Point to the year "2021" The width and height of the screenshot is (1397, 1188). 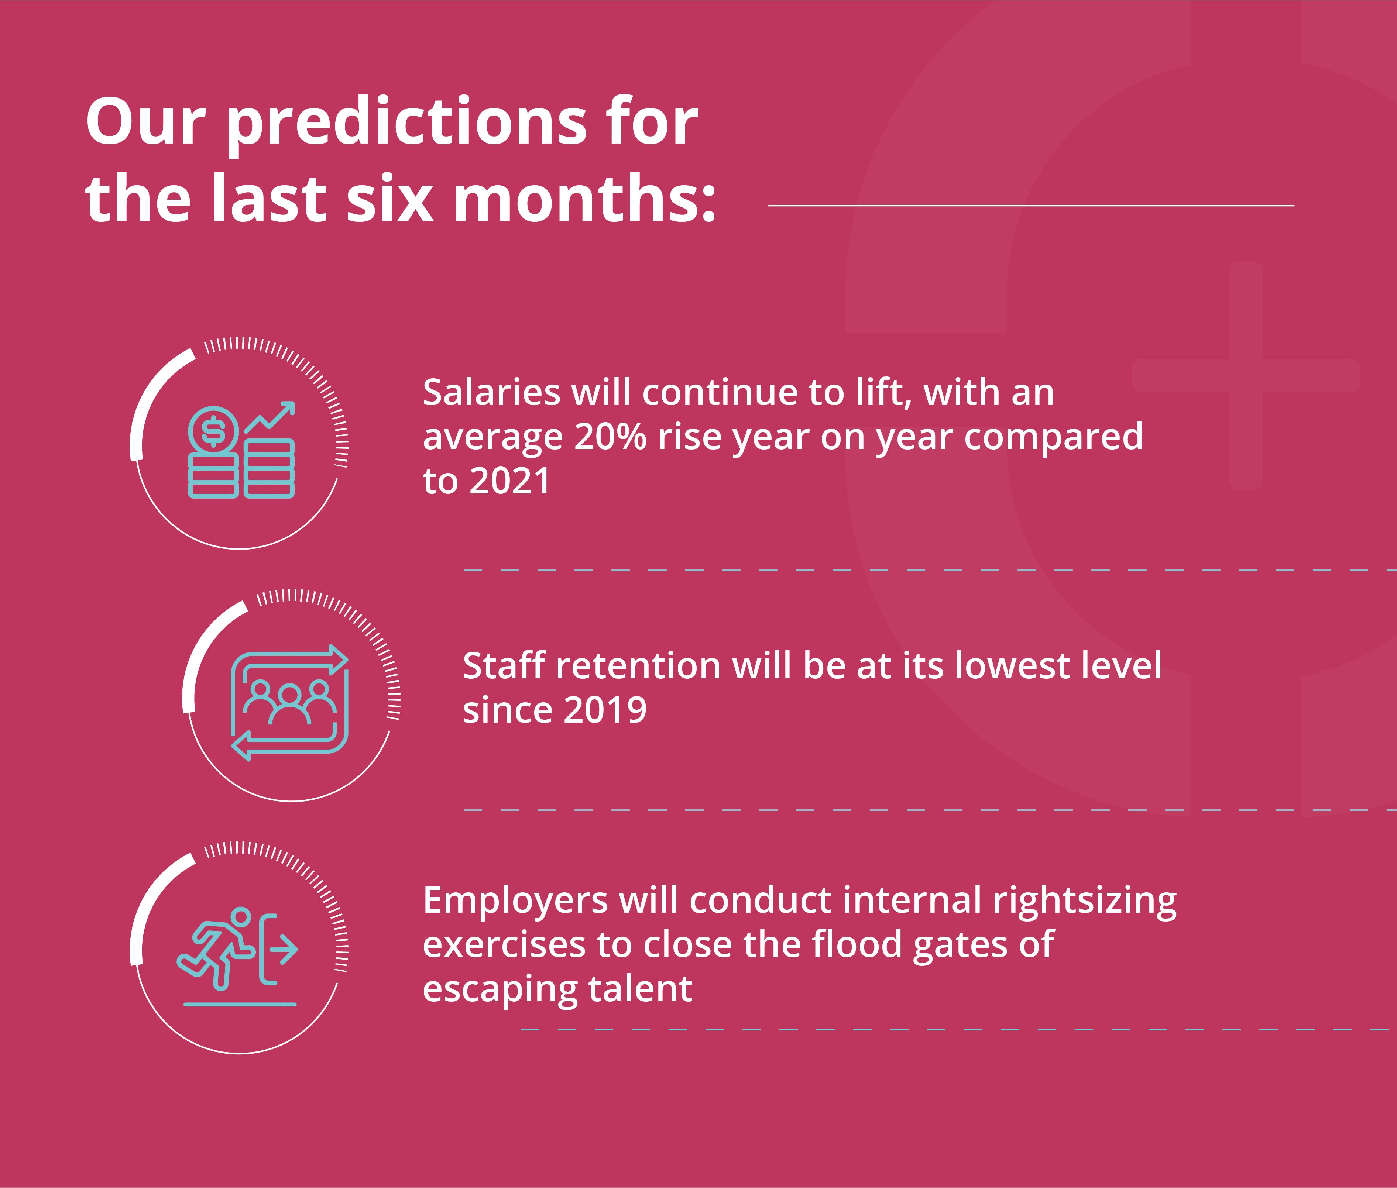tap(510, 481)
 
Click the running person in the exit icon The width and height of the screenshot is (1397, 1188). tap(216, 948)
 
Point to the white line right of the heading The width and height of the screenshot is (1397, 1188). tap(1031, 205)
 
